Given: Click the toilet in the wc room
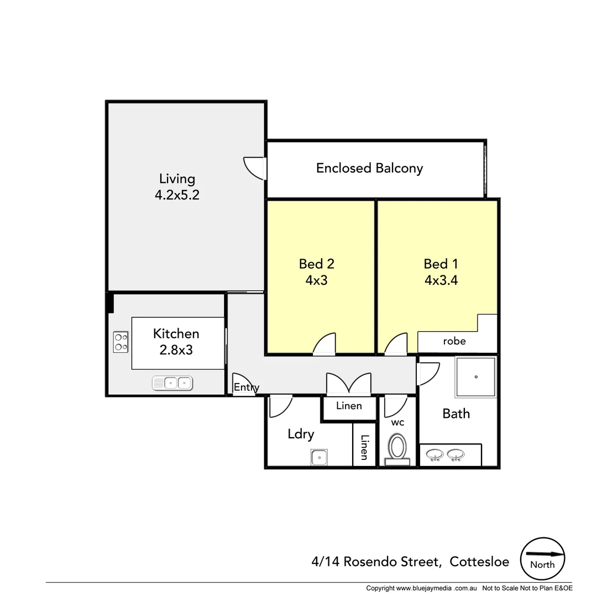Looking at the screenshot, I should tap(398, 448).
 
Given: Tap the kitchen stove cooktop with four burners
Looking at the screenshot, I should tap(121, 342).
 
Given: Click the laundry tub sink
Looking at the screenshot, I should tap(319, 457).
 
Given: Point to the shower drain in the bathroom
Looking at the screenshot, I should tap(475, 377).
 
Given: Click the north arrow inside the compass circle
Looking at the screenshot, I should tap(544, 553).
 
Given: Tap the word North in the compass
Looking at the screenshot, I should tap(542, 565).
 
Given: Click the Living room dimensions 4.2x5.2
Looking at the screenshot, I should tap(177, 195).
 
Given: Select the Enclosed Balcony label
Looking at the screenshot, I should tap(369, 168).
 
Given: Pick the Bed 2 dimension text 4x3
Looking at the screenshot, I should tap(316, 280).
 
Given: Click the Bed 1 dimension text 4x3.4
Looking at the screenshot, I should tap(441, 280).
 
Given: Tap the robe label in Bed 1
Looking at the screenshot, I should tap(454, 341).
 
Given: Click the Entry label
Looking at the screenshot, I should tap(246, 387).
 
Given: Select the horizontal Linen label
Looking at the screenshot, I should tap(349, 406).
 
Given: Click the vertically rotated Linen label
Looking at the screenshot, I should tap(364, 447).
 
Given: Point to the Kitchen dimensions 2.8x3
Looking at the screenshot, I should tap(176, 349).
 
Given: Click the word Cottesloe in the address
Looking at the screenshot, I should tap(479, 562).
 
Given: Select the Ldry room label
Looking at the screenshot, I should tap(301, 434).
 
